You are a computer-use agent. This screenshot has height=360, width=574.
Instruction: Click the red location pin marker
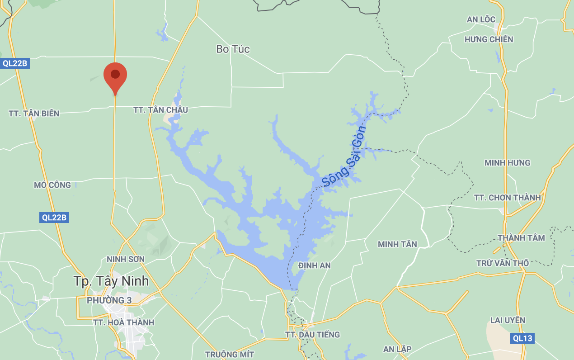pyautogui.click(x=115, y=77)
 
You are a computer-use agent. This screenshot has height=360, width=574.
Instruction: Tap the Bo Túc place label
pyautogui.click(x=233, y=49)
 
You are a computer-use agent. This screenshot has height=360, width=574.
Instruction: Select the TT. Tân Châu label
pyautogui.click(x=160, y=110)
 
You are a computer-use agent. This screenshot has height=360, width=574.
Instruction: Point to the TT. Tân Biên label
pyautogui.click(x=34, y=114)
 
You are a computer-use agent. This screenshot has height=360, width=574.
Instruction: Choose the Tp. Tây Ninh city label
pyautogui.click(x=111, y=281)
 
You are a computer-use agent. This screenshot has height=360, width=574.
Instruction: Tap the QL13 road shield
pyautogui.click(x=522, y=338)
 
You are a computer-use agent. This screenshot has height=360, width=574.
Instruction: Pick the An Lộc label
pyautogui.click(x=481, y=19)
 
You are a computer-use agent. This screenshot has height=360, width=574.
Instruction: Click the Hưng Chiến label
pyautogui.click(x=489, y=40)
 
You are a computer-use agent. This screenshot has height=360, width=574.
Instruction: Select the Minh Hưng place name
pyautogui.click(x=508, y=163)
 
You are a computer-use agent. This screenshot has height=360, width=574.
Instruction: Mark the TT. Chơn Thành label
pyautogui.click(x=508, y=198)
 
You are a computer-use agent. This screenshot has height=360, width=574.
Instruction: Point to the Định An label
pyautogui.click(x=315, y=265)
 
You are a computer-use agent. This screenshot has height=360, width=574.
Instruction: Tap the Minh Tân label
pyautogui.click(x=397, y=244)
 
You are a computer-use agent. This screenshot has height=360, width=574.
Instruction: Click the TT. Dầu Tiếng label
pyautogui.click(x=312, y=335)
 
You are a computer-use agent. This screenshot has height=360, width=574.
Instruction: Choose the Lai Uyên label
pyautogui.click(x=508, y=320)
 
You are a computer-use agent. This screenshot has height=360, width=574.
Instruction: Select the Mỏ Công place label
pyautogui.click(x=52, y=185)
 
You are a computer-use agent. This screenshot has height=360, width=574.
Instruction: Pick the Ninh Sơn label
pyautogui.click(x=126, y=259)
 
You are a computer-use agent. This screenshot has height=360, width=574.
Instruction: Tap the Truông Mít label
pyautogui.click(x=230, y=355)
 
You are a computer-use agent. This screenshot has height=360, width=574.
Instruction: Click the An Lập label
pyautogui.click(x=397, y=349)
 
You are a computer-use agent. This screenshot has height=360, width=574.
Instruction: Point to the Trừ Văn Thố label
pyautogui.click(x=503, y=263)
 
